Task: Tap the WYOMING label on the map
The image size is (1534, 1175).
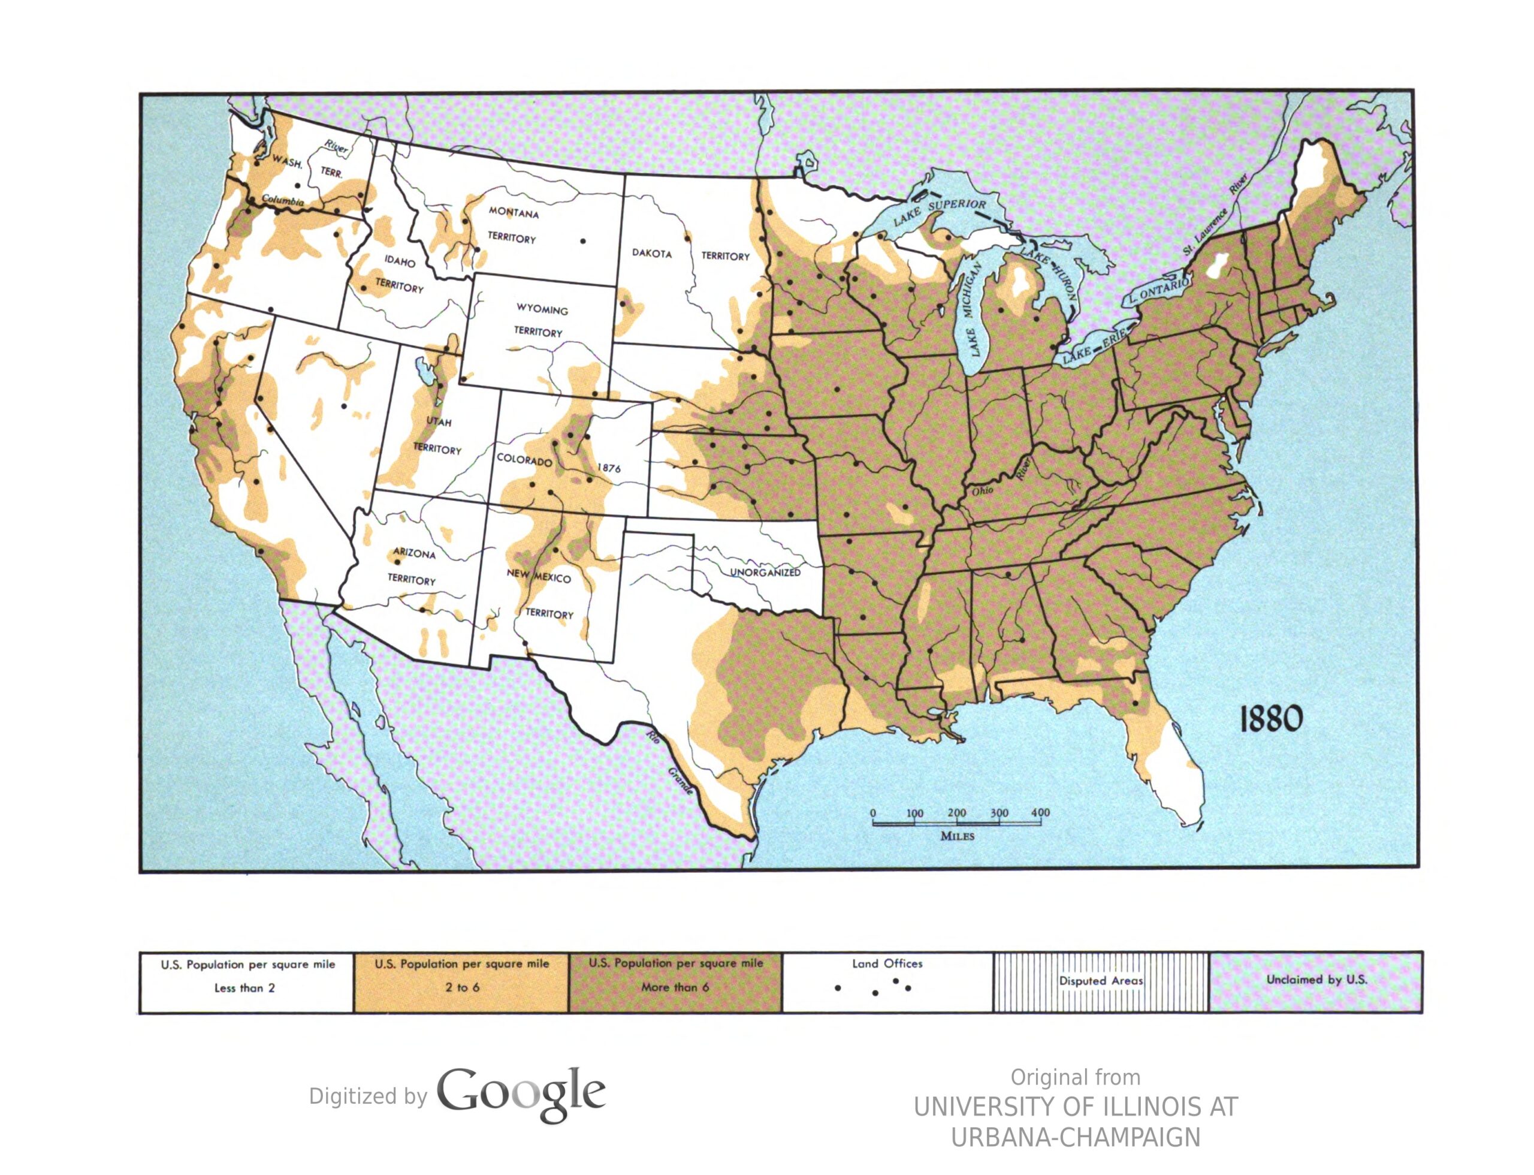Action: pyautogui.click(x=542, y=309)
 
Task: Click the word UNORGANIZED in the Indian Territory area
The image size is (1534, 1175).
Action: pyautogui.click(x=765, y=572)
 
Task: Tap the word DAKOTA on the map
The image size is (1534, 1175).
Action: pyautogui.click(x=651, y=253)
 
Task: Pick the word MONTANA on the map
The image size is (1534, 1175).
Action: pyautogui.click(x=513, y=213)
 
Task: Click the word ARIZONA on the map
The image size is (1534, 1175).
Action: pyautogui.click(x=414, y=553)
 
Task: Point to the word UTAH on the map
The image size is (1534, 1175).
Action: pyautogui.click(x=439, y=422)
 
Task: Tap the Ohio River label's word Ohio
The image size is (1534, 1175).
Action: pyautogui.click(x=982, y=491)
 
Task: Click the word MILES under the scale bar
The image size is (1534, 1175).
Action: pyautogui.click(x=956, y=836)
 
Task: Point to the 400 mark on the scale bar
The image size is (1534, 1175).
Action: pyautogui.click(x=1040, y=813)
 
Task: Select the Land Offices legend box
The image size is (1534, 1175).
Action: pyautogui.click(x=887, y=981)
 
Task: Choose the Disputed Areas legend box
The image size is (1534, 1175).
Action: pyautogui.click(x=1101, y=981)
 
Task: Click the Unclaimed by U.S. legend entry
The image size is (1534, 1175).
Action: pyautogui.click(x=1316, y=980)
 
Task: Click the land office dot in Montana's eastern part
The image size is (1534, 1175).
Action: pyautogui.click(x=582, y=241)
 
